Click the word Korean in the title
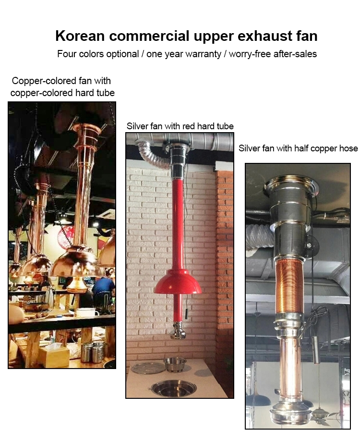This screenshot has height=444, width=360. coord(80,36)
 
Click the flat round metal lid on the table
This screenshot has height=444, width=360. coord(148,368)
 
